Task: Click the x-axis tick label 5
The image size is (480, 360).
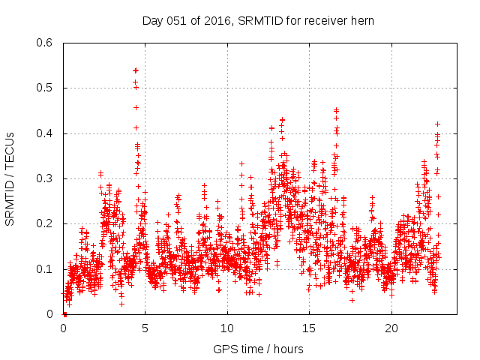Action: (x=145, y=329)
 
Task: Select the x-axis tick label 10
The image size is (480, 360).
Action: (x=227, y=329)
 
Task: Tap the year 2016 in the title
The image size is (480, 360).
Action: (x=217, y=20)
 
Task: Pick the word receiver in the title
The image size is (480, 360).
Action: (x=327, y=20)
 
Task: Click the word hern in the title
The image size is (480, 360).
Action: (x=363, y=20)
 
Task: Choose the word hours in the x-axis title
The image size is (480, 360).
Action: (x=289, y=349)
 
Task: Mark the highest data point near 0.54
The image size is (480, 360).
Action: (x=136, y=70)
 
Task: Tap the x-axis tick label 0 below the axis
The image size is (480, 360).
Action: (x=63, y=329)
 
